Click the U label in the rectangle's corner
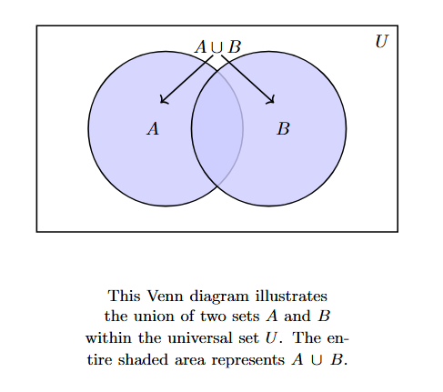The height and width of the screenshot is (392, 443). pos(382,41)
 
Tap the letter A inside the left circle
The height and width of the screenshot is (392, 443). pos(153,129)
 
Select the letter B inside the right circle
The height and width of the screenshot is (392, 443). pos(283,129)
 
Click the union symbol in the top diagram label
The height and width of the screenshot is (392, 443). pos(216,46)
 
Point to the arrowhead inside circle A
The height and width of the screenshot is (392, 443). pos(162,102)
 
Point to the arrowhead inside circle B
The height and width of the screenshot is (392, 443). pos(273,102)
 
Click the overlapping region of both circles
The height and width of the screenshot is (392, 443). pos(217,128)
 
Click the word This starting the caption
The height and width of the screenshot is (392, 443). pos(122,297)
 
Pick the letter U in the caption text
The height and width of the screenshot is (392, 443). pos(270,337)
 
